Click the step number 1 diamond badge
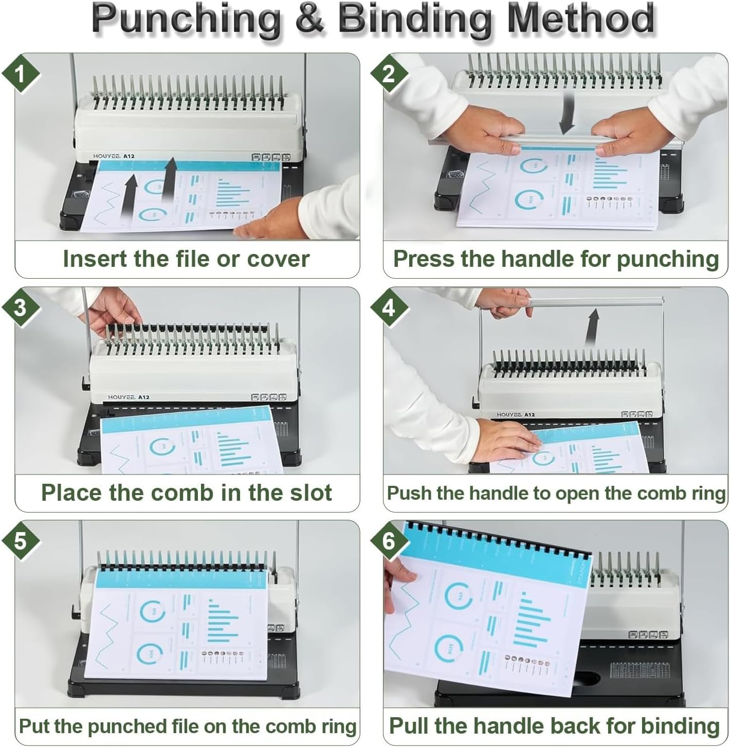[x=21, y=75]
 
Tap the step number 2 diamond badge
[x=389, y=75]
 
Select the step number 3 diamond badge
[x=21, y=308]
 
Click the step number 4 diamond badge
[x=389, y=308]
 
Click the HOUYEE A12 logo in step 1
[x=107, y=155]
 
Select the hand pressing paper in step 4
[x=506, y=440]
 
